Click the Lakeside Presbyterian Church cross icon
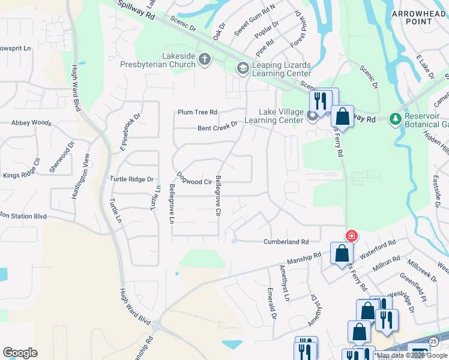point(205,59)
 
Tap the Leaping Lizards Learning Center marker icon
point(243,68)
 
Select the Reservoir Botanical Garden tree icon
point(396,119)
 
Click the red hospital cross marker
point(351,236)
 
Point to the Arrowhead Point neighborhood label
point(420,17)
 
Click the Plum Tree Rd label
point(197,112)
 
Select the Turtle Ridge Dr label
point(132,179)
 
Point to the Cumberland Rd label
point(286,242)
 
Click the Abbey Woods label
point(31,122)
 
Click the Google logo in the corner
point(20,353)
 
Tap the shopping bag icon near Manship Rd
point(342,253)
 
